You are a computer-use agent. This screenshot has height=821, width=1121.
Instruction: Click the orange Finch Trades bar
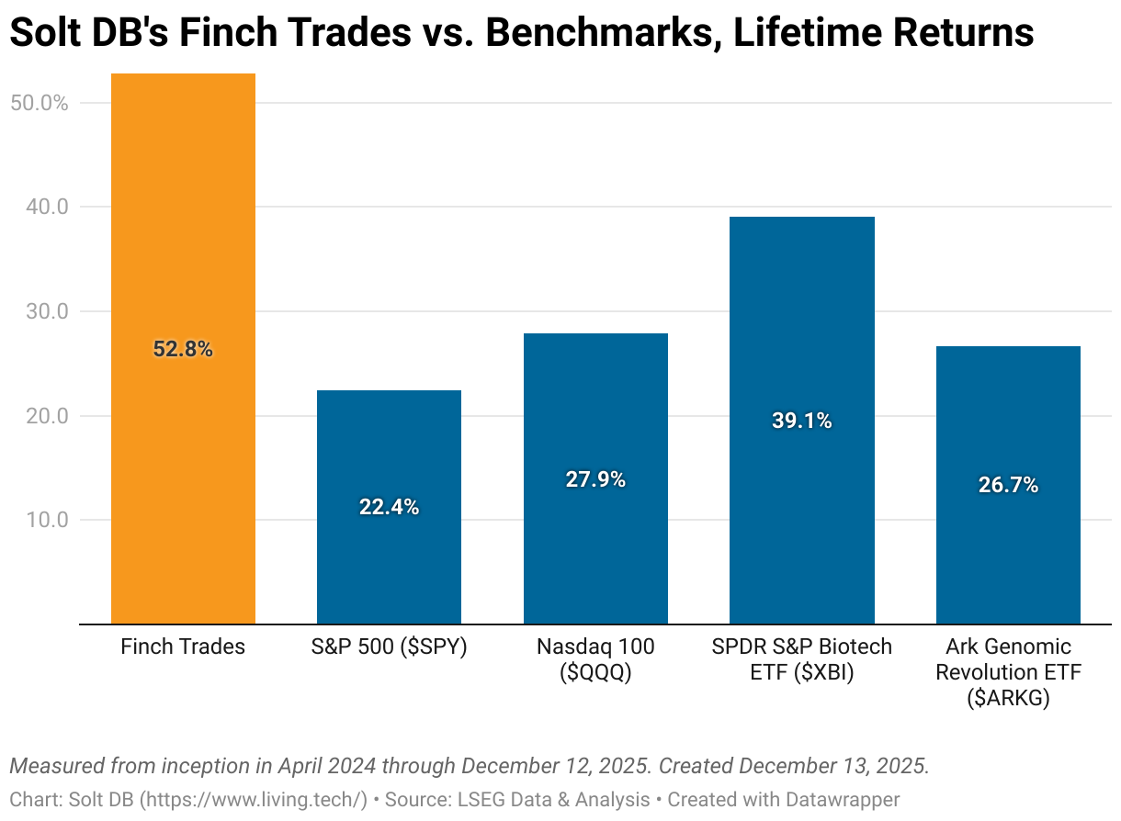[183, 230]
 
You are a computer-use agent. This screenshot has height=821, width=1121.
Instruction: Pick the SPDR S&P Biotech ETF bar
[801, 321]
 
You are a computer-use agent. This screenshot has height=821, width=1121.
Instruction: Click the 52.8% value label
[183, 349]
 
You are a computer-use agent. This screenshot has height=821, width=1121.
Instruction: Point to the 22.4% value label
[389, 507]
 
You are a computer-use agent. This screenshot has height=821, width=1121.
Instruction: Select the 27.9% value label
[595, 479]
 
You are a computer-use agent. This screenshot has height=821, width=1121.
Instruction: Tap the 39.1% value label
[801, 421]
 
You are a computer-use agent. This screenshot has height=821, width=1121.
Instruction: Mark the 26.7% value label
[1008, 485]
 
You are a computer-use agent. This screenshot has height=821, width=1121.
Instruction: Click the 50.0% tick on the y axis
[40, 103]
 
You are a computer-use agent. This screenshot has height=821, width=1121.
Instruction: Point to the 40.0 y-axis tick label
[46, 208]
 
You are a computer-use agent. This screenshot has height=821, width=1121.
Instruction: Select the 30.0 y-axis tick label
[46, 311]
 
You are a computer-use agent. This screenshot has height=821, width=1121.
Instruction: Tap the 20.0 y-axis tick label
[46, 416]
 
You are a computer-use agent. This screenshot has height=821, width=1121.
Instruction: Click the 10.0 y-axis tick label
[46, 520]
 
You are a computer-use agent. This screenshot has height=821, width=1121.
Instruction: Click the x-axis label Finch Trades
[183, 647]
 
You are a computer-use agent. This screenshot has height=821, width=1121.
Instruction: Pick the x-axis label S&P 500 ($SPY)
[389, 647]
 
